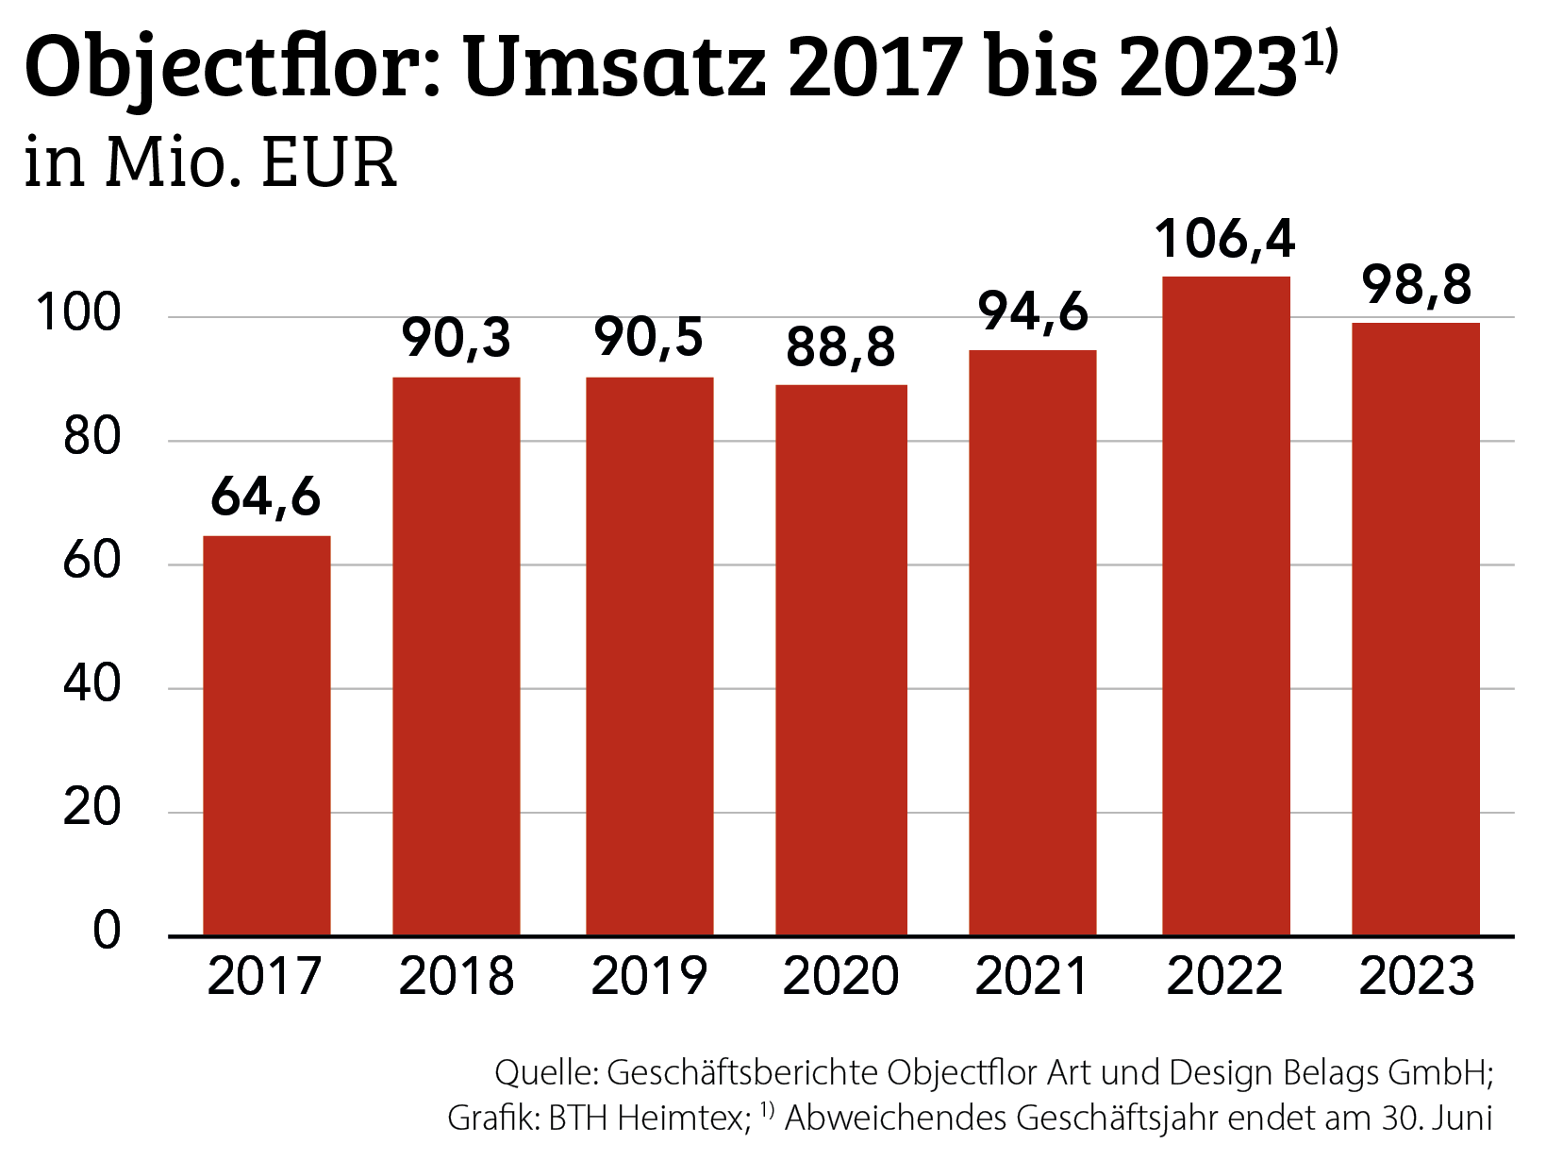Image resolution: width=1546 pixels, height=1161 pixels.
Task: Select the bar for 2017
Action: tap(267, 735)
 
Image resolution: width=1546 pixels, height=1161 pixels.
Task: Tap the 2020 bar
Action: tap(841, 660)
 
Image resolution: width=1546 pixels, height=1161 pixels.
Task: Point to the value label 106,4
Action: tap(1225, 239)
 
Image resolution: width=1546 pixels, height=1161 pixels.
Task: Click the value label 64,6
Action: tap(266, 496)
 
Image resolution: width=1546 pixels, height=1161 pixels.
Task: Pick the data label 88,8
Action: tap(840, 347)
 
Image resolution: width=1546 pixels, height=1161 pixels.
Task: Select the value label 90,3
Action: tap(457, 338)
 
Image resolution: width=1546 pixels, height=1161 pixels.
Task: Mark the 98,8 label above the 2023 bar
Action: tap(1416, 284)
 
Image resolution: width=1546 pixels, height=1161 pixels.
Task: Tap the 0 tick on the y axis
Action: tap(107, 931)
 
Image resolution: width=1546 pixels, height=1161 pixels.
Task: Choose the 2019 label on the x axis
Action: tap(649, 977)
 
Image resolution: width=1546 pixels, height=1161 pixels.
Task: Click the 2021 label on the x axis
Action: tap(1032, 977)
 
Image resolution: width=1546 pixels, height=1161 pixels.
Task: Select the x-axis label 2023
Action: tap(1416, 977)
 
